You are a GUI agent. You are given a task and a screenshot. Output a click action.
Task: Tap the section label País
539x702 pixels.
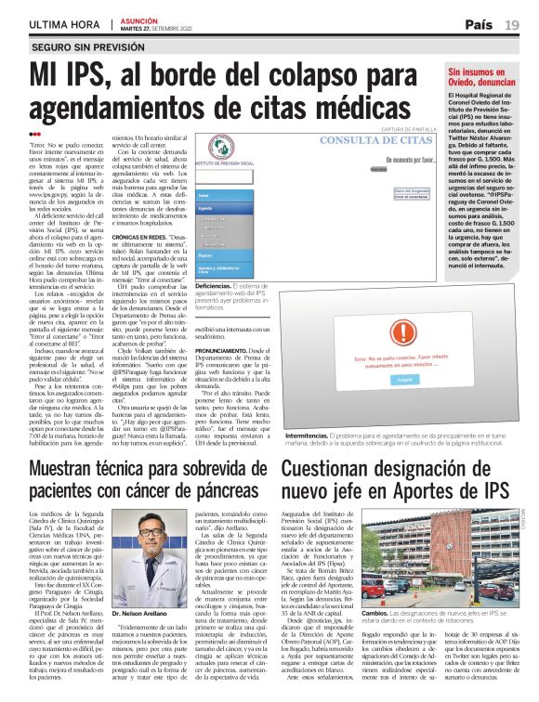tap(480, 24)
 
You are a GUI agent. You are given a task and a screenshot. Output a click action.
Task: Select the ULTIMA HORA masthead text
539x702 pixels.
tap(64, 24)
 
